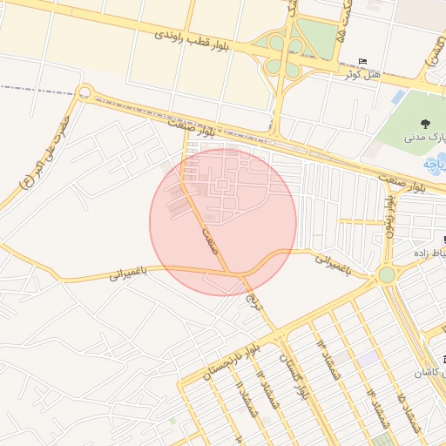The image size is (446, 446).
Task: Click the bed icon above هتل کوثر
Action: tap(363, 61)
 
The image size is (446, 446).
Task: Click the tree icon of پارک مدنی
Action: tap(424, 124)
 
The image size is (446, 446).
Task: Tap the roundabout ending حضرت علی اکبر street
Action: tap(84, 91)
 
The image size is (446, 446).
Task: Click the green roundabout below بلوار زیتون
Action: tap(386, 275)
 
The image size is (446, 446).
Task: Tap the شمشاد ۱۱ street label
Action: tap(249, 399)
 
